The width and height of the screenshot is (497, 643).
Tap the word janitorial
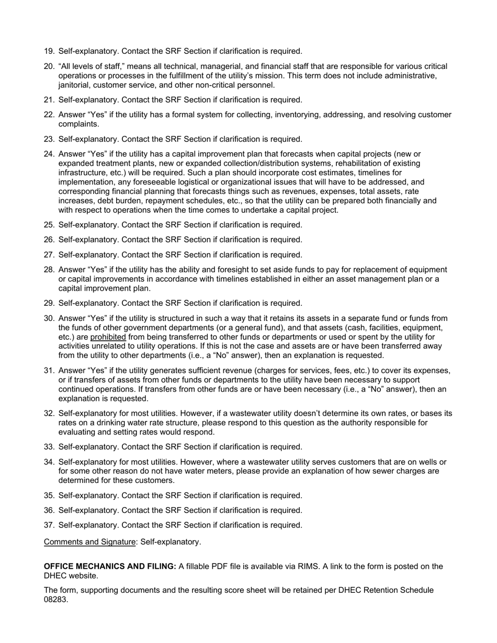point(76,85)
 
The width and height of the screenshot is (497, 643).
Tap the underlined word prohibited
point(108,337)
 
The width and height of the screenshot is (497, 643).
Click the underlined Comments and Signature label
point(89,542)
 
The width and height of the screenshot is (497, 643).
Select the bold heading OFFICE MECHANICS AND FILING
point(110,566)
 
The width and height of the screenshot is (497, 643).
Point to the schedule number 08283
point(55,600)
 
